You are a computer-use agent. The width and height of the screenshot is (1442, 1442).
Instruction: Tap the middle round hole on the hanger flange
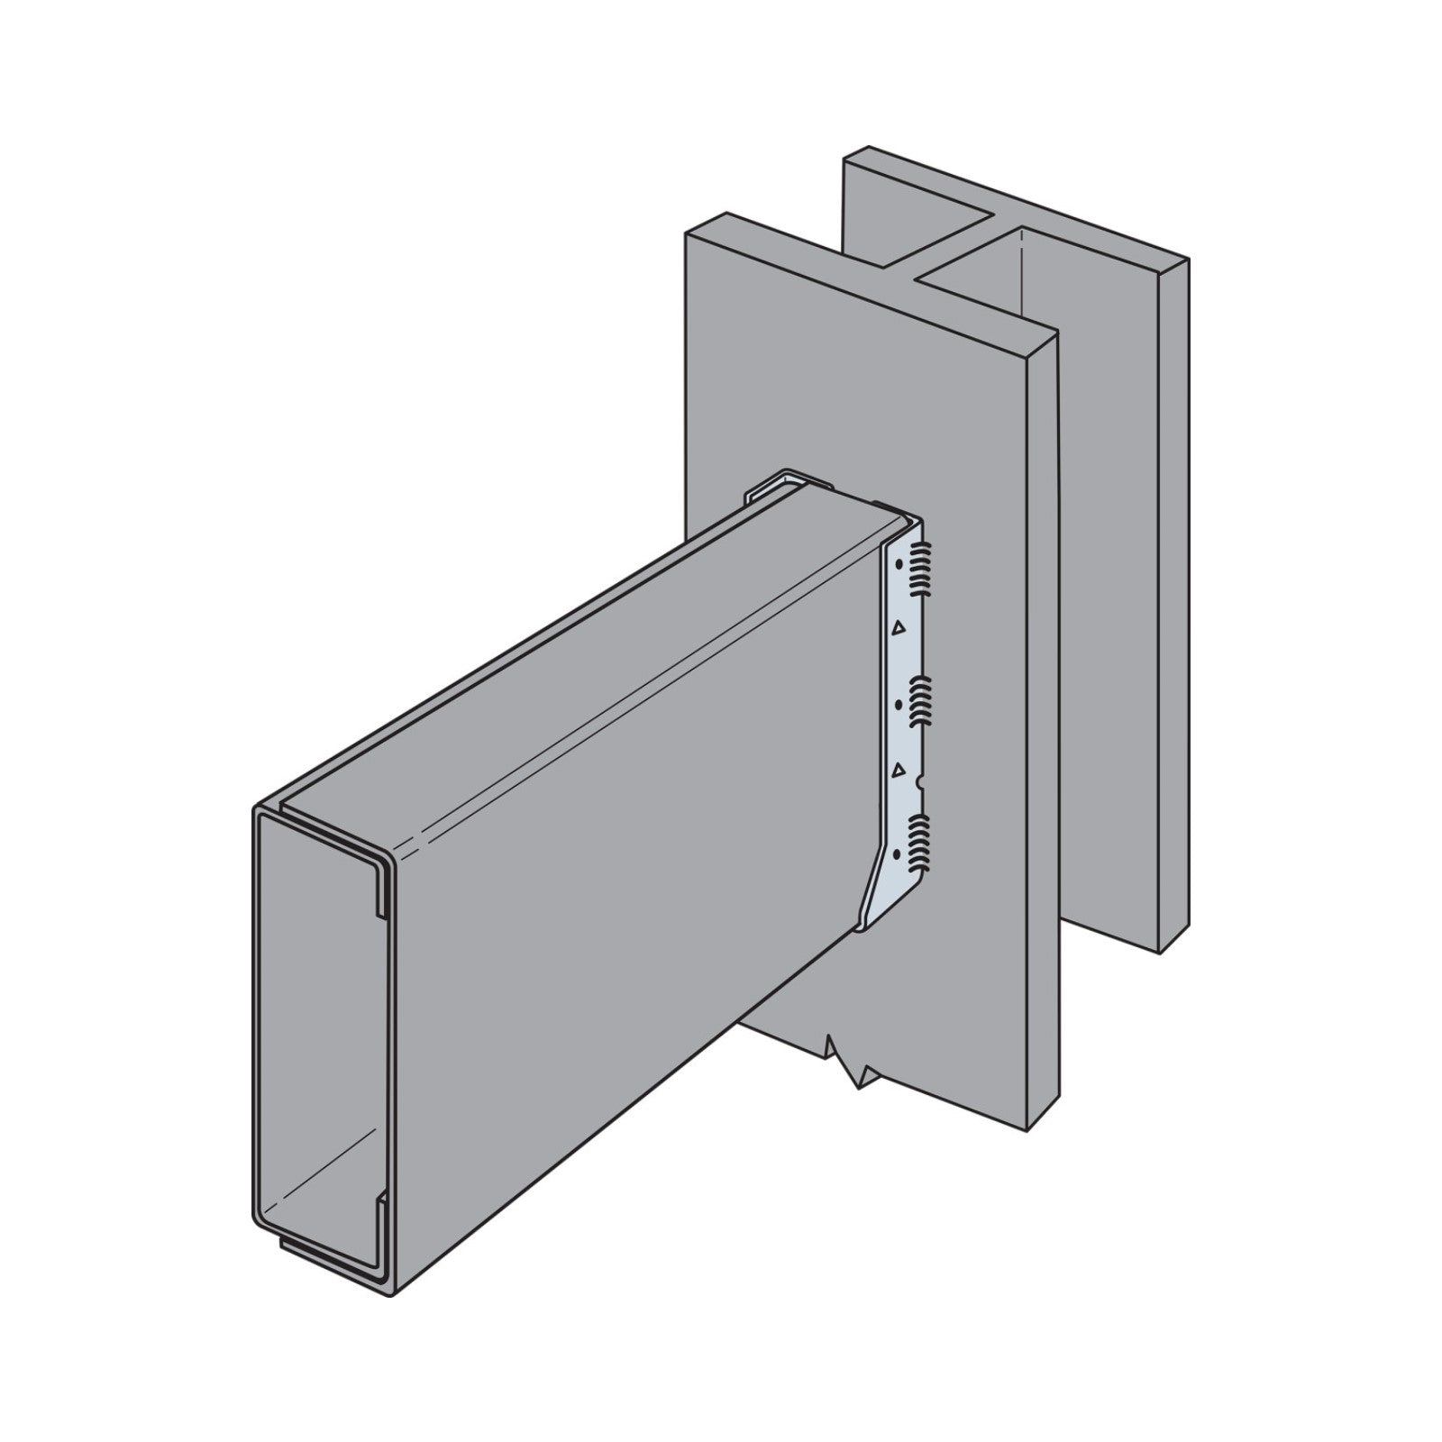(x=899, y=700)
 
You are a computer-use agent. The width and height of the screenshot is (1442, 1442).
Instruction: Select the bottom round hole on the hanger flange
(x=898, y=852)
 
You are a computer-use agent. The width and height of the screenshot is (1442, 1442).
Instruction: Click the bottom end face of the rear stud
(x=1172, y=942)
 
